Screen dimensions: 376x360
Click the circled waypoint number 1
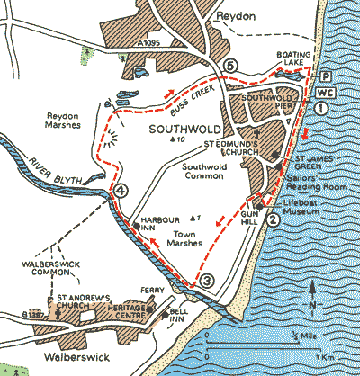coord(320,107)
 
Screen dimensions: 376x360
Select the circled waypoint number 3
coord(207,280)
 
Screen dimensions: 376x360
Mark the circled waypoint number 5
coord(230,67)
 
